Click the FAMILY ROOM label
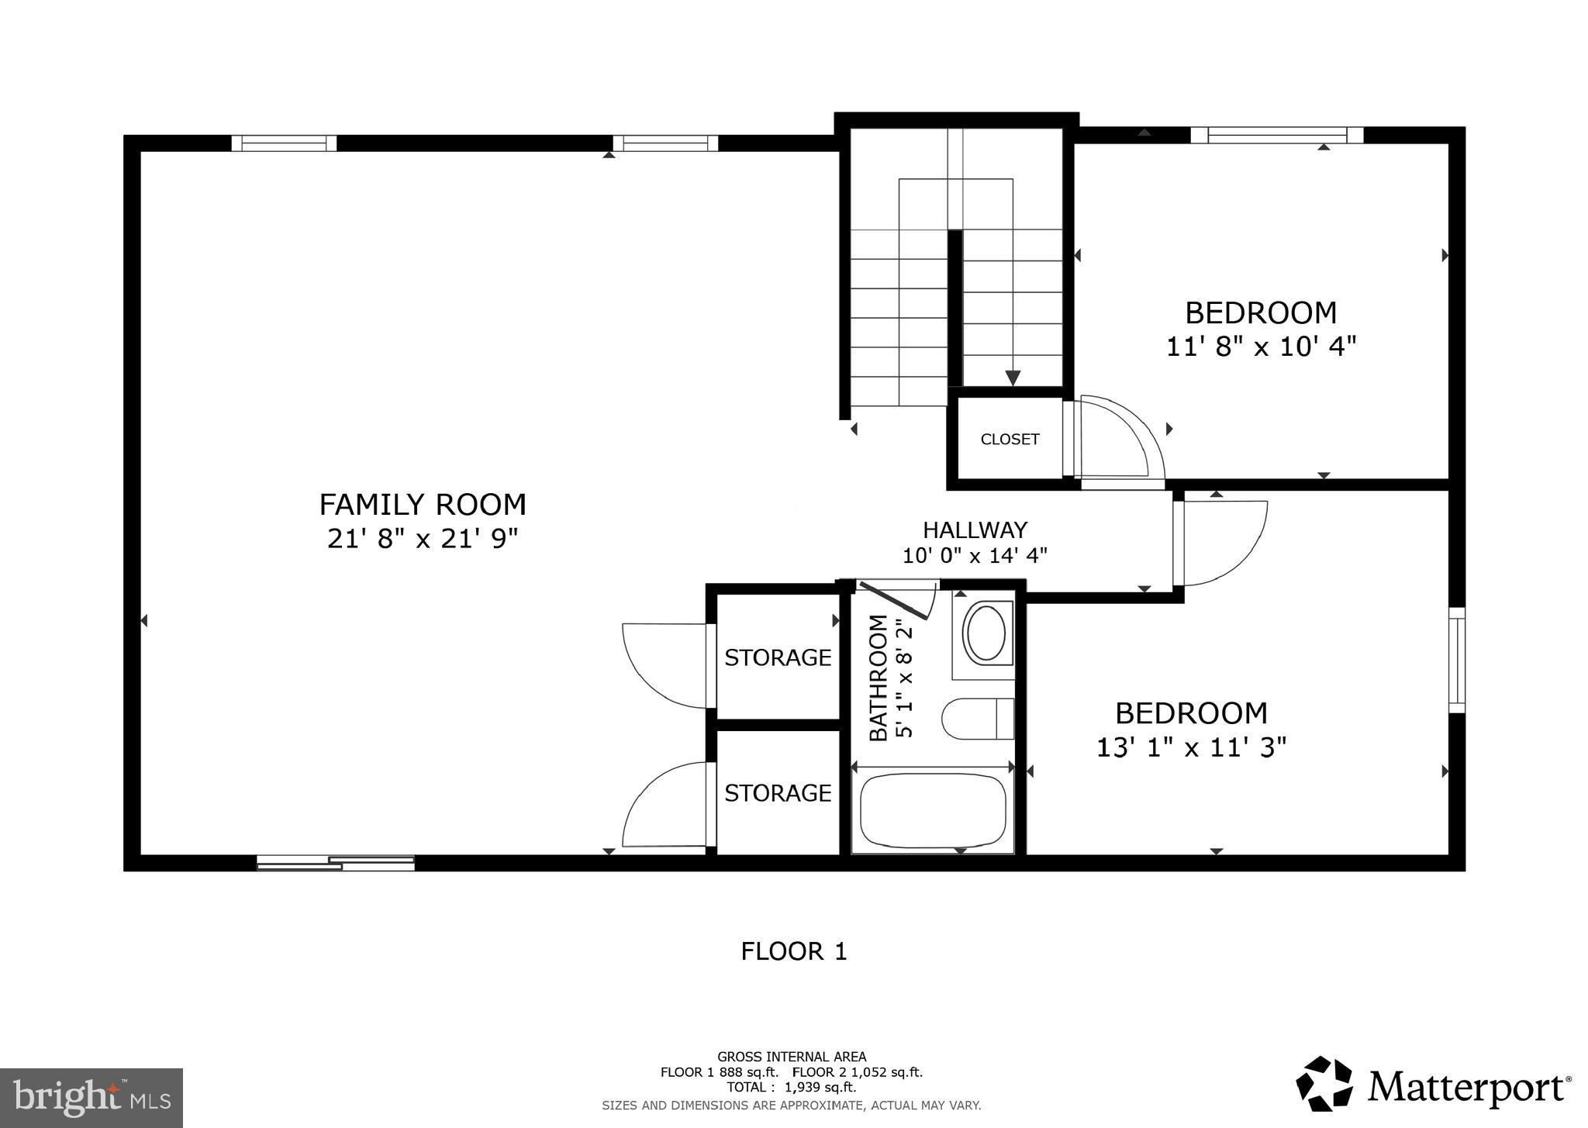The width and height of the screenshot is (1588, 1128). pos(423,505)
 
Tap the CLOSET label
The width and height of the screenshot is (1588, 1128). pos(1010,440)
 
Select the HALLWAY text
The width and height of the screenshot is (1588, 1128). pos(975,530)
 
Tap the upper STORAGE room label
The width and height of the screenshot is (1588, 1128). pos(778,657)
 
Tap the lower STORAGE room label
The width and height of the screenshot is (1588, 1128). pos(778,793)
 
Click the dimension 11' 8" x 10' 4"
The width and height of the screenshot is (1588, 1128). pos(1261,346)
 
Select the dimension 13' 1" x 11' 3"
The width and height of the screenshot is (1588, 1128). pos(1191,747)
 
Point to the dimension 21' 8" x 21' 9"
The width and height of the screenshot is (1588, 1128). pos(423,538)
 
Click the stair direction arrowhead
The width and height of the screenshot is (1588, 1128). pos(1013,378)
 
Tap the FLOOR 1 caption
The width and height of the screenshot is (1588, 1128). pos(793,951)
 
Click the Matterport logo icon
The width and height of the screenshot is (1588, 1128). pos(1324,1083)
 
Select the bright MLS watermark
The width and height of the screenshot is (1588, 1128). pos(91,1098)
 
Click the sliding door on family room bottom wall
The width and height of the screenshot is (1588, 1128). pos(336,863)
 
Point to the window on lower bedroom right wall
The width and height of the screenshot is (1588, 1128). pos(1457,660)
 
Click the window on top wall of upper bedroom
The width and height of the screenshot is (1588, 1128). pos(1276,136)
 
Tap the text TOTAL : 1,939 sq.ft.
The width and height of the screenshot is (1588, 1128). pos(791,1088)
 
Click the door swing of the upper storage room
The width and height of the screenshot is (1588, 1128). pos(663,664)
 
